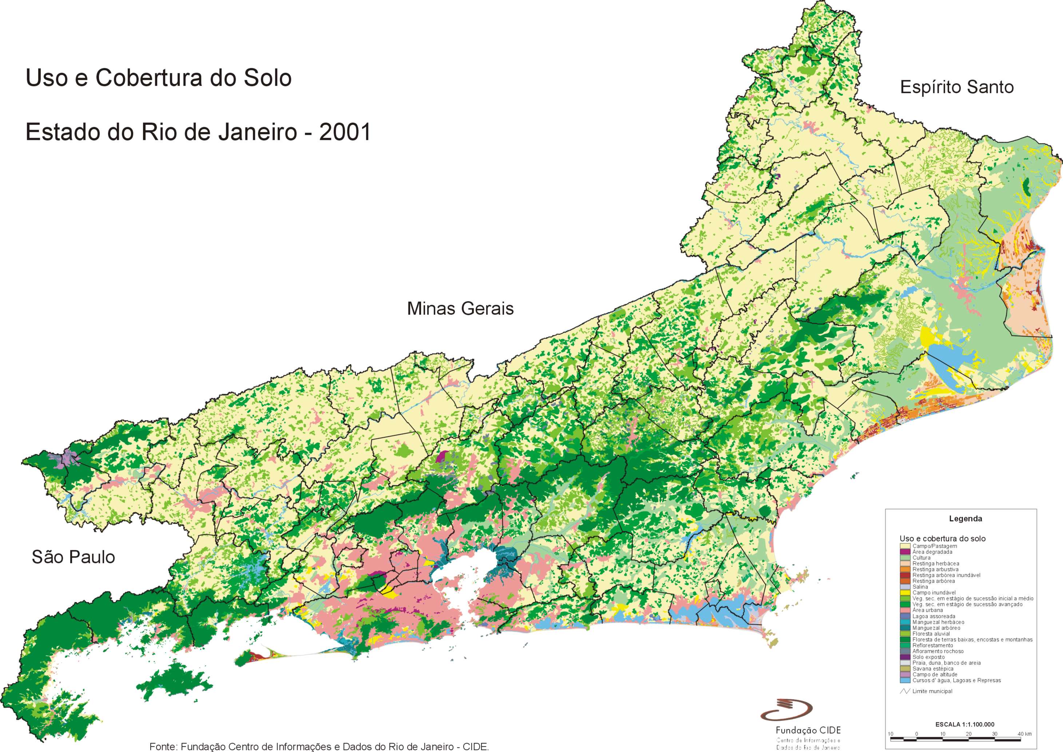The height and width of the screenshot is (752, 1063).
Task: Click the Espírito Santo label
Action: pyautogui.click(x=956, y=87)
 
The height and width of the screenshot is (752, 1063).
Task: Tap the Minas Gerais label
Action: pyautogui.click(x=460, y=309)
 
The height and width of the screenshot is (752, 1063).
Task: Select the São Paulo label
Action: pyautogui.click(x=73, y=557)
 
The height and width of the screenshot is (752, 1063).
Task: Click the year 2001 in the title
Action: pyautogui.click(x=345, y=132)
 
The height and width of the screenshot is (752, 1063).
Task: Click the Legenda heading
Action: pyautogui.click(x=965, y=519)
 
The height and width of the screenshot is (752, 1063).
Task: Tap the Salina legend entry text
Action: pyautogui.click(x=920, y=587)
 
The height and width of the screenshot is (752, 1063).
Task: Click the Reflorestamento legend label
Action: pyautogui.click(x=932, y=645)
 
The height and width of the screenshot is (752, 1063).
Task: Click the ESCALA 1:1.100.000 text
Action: pyautogui.click(x=964, y=724)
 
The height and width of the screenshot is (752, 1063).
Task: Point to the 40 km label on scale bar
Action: pyautogui.click(x=1024, y=734)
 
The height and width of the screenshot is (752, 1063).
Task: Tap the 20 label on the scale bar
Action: pyautogui.click(x=968, y=734)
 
